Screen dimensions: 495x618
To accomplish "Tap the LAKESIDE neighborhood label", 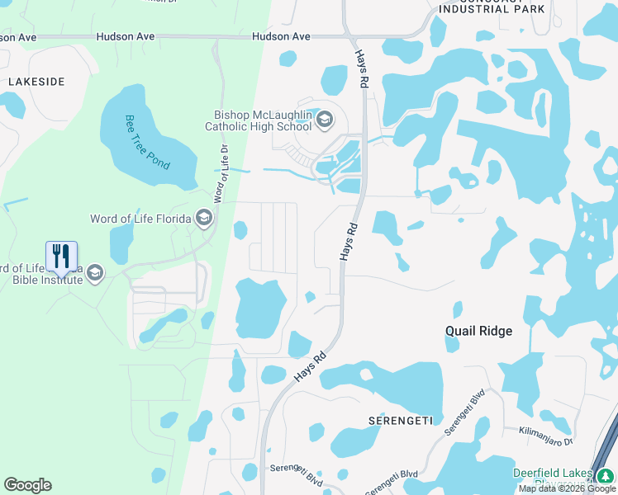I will click(x=36, y=82).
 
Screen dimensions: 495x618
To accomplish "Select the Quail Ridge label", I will click(x=478, y=331).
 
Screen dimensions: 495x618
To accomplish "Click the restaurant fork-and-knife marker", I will click(x=61, y=257).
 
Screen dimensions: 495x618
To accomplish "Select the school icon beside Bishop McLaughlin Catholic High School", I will click(x=324, y=121).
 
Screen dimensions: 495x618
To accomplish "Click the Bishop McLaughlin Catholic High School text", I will click(x=258, y=121).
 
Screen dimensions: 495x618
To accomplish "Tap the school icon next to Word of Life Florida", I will click(x=203, y=219).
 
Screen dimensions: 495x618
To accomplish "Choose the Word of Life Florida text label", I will click(x=140, y=219).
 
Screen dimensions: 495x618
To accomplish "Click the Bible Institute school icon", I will click(x=95, y=273).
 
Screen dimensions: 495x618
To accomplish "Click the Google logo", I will click(x=27, y=485).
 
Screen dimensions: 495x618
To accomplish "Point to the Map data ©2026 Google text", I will click(x=568, y=488).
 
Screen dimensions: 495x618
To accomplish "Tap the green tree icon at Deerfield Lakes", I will click(x=606, y=475).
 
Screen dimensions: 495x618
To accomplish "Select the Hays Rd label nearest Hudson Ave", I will click(x=361, y=68).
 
